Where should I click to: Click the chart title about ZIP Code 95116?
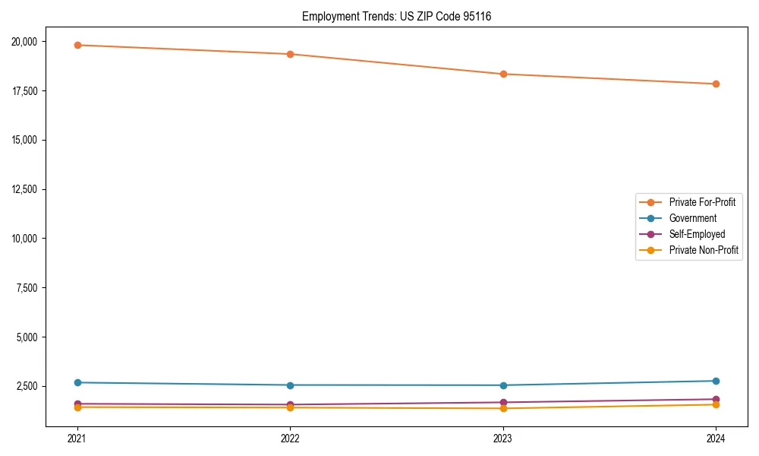click(396, 16)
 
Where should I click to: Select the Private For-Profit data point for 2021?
click(77, 45)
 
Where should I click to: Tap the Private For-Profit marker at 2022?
click(290, 54)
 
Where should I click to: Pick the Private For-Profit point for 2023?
click(503, 74)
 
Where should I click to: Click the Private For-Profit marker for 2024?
click(716, 84)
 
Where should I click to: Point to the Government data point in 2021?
click(77, 382)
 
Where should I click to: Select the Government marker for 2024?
click(716, 381)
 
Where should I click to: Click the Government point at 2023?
click(503, 385)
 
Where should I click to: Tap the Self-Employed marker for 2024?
click(716, 399)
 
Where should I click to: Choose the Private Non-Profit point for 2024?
click(716, 404)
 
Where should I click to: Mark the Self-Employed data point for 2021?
click(77, 404)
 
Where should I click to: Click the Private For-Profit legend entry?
click(702, 202)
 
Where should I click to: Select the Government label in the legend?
click(692, 218)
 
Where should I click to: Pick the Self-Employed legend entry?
click(697, 234)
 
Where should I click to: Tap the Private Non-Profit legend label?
click(704, 250)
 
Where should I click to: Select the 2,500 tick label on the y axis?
click(33, 386)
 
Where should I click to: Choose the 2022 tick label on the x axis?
click(290, 438)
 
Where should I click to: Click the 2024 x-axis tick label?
click(716, 438)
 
